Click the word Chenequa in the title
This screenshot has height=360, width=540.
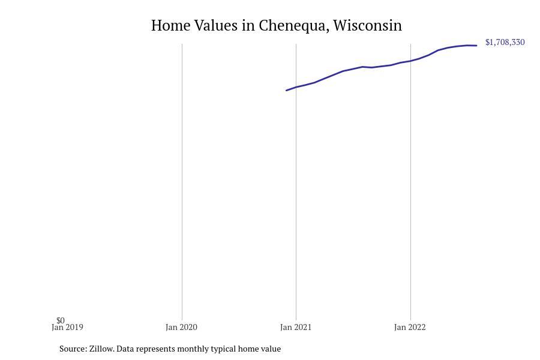click(x=292, y=26)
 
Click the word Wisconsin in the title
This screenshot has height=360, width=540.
click(x=367, y=26)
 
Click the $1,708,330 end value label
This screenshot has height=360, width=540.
click(x=505, y=42)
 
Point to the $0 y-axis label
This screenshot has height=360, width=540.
click(x=61, y=320)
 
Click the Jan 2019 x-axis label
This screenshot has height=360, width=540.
click(x=67, y=328)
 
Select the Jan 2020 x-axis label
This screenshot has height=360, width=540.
click(x=181, y=328)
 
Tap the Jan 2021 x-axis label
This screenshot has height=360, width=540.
click(x=296, y=328)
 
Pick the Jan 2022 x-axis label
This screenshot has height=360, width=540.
click(x=410, y=328)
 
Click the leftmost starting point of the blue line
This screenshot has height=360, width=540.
click(x=287, y=90)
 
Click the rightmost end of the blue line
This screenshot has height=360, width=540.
click(x=476, y=46)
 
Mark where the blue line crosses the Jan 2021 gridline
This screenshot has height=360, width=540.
click(x=296, y=87)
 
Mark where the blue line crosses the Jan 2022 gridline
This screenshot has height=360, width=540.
click(x=410, y=61)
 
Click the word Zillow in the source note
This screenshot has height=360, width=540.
click(x=101, y=349)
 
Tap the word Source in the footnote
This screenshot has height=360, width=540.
click(x=73, y=349)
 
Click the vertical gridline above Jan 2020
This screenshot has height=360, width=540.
click(x=182, y=180)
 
